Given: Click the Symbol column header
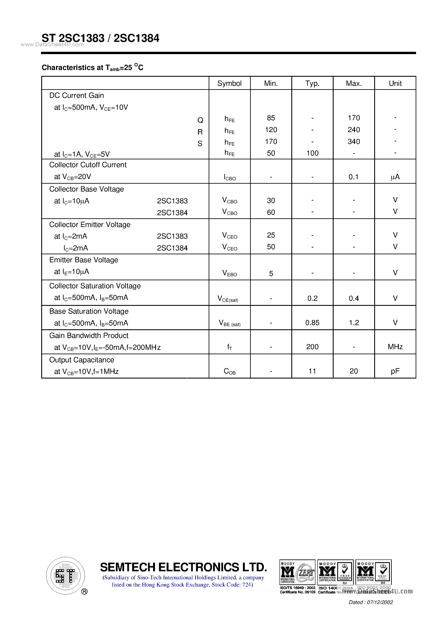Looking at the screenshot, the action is point(229,83).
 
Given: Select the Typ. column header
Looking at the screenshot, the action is point(312,83).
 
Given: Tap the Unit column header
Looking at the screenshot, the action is point(395,83).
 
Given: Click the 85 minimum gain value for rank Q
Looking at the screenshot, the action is point(271,118).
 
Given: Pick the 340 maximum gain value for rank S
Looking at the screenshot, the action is point(353,142).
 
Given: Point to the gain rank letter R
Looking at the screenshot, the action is point(200,132).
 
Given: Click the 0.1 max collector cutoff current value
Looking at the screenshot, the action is point(353,177).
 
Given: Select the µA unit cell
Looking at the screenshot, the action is point(395,177).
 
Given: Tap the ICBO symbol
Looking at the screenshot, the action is point(229,177).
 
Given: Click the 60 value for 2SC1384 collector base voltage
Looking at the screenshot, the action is point(271,212).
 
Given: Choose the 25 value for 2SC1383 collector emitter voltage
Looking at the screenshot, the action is point(271,235).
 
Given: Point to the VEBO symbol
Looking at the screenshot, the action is point(229,273).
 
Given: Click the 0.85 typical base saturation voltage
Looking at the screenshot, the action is point(312,323).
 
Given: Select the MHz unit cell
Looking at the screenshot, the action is point(395,347).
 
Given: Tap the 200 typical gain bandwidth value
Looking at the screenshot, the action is point(312,347).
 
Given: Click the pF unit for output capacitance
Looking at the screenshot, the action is point(395,371).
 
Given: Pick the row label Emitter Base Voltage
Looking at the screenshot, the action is point(84,260).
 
